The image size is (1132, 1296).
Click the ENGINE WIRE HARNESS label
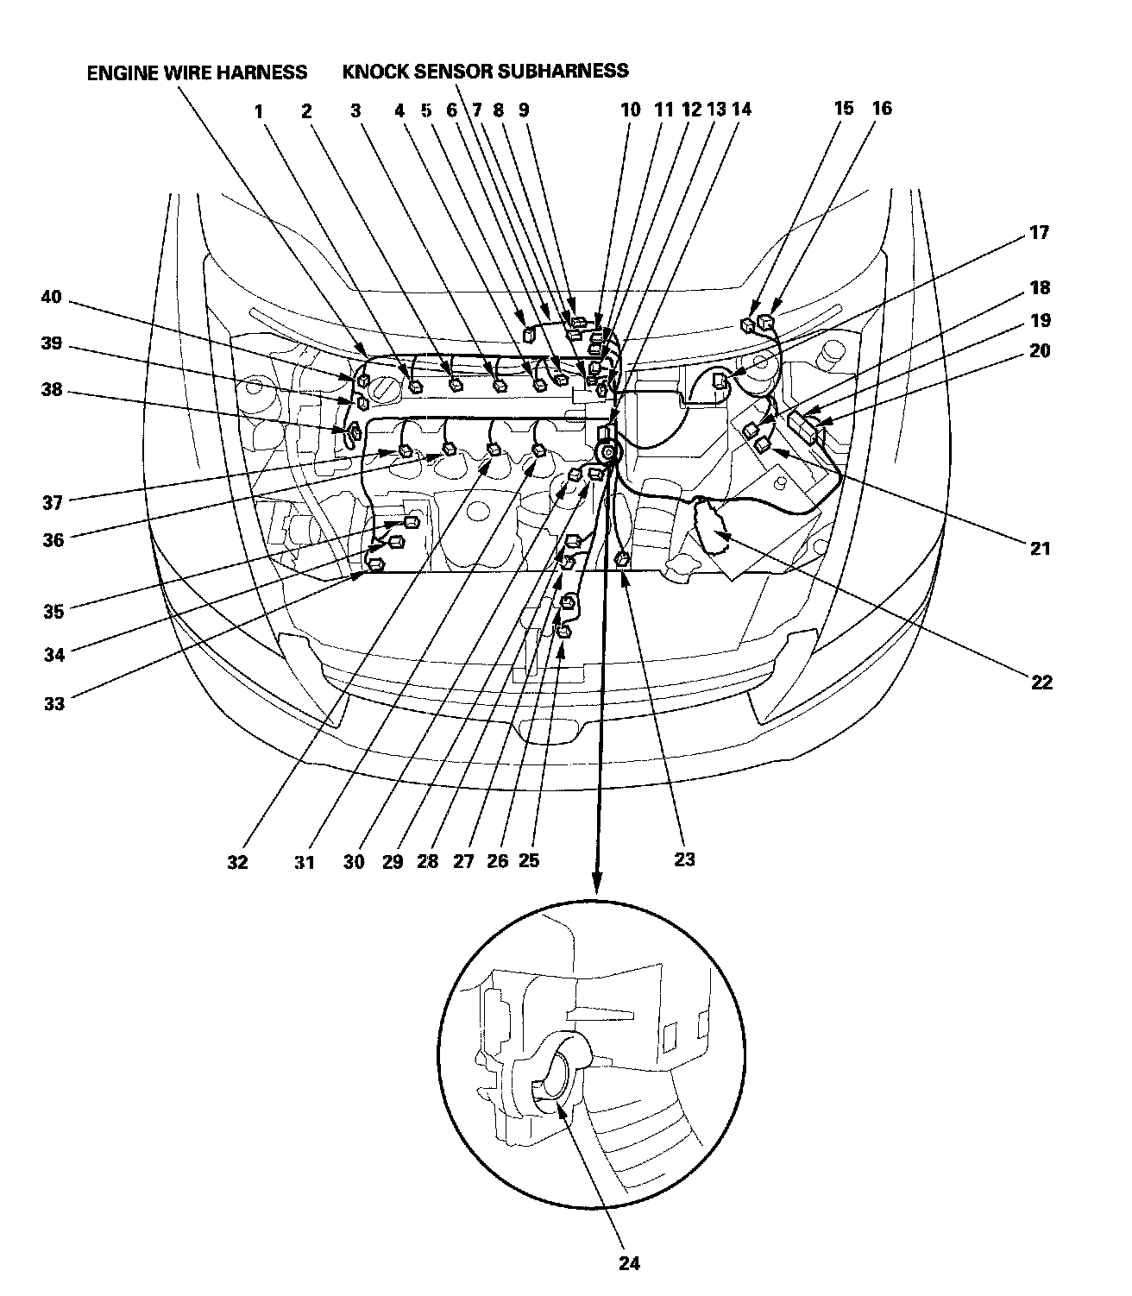click(x=197, y=72)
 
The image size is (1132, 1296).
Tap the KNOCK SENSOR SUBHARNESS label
click(x=486, y=71)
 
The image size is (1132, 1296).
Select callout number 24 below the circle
click(x=629, y=1263)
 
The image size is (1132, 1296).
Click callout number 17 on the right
click(x=1040, y=233)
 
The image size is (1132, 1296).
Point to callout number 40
click(x=52, y=298)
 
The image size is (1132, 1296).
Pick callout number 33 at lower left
click(x=53, y=703)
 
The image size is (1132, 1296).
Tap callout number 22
click(x=1041, y=683)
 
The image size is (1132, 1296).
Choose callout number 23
click(x=684, y=859)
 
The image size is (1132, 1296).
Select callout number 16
click(x=881, y=109)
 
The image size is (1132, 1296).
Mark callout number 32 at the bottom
click(x=237, y=862)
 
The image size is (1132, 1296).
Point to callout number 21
click(x=1041, y=547)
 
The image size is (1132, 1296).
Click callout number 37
click(x=53, y=502)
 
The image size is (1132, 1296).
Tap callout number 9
click(x=524, y=110)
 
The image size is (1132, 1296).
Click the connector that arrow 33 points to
click(x=375, y=565)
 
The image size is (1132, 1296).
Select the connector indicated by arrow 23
click(x=621, y=560)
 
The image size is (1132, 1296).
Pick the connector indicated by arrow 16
click(x=765, y=324)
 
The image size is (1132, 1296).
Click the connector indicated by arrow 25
click(x=563, y=632)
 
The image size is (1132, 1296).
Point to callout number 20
click(x=1041, y=351)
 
